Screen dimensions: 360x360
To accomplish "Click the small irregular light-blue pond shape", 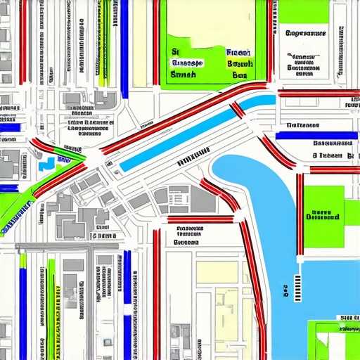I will pyautogui.click(x=47, y=164).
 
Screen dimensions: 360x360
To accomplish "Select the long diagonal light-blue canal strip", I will pyautogui.click(x=176, y=138).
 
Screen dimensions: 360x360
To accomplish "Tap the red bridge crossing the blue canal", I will pyautogui.click(x=238, y=109).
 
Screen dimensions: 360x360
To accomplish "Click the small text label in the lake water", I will pyautogui.click(x=285, y=289).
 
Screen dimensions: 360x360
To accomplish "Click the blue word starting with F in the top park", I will pyautogui.click(x=238, y=52).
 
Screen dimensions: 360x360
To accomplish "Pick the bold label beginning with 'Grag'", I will pyautogui.click(x=307, y=33).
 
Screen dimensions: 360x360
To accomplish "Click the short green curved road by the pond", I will pyautogui.click(x=67, y=150).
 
